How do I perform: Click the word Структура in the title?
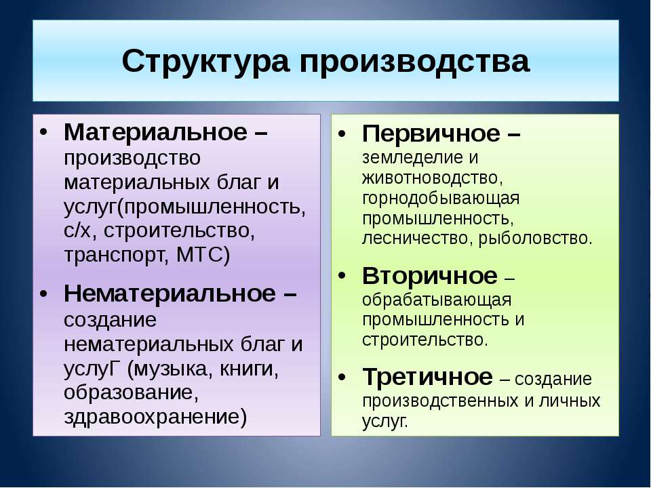point(205,62)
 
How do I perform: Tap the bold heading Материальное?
point(156,132)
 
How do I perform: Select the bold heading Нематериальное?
point(170,293)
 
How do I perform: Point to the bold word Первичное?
point(431,134)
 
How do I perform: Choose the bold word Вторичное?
point(430,276)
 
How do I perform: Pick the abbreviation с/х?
point(77,230)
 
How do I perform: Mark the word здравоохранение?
point(152,417)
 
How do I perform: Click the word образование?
point(129,392)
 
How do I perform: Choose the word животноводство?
point(430,178)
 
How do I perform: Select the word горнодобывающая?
point(441,199)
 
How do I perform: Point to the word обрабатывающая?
point(437,300)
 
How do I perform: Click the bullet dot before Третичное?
point(342,378)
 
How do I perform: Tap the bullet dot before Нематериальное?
point(43,293)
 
